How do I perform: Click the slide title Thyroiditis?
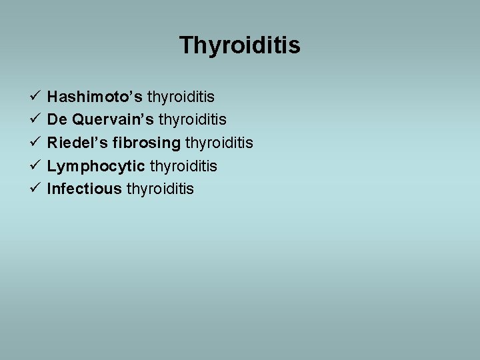pyautogui.click(x=239, y=46)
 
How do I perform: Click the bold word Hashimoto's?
pyautogui.click(x=95, y=97)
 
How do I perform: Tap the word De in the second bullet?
pyautogui.click(x=57, y=120)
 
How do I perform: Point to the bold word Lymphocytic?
pyautogui.click(x=96, y=166)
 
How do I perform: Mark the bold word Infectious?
pyautogui.click(x=84, y=189)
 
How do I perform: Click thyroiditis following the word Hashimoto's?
pyautogui.click(x=181, y=98)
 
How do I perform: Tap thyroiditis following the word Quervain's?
pyautogui.click(x=193, y=121)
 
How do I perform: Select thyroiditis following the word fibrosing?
pyautogui.click(x=219, y=143)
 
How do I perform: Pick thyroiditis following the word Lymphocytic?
pyautogui.click(x=183, y=166)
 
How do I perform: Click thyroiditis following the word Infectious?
pyautogui.click(x=160, y=189)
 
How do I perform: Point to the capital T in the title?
pyautogui.click(x=187, y=46)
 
